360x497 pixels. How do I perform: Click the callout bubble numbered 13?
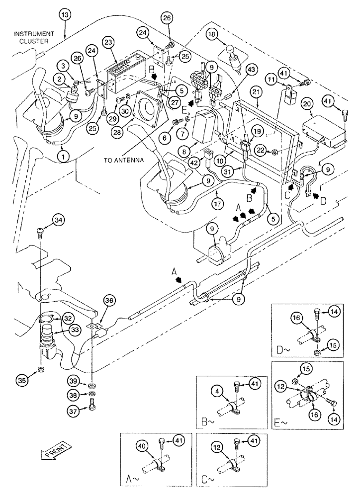pyautogui.click(x=65, y=15)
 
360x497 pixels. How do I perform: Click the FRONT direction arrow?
pyautogui.click(x=54, y=454)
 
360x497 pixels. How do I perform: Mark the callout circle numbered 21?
pyautogui.click(x=256, y=91)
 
